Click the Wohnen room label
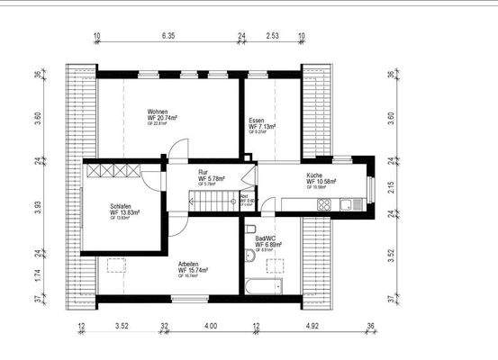158,113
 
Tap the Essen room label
258,121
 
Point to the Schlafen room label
121,205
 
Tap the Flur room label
204,172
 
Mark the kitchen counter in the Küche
333,206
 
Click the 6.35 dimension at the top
168,39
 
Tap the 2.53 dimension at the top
271,39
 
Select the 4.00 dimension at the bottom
211,325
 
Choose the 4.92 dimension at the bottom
312,325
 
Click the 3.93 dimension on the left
37,206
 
